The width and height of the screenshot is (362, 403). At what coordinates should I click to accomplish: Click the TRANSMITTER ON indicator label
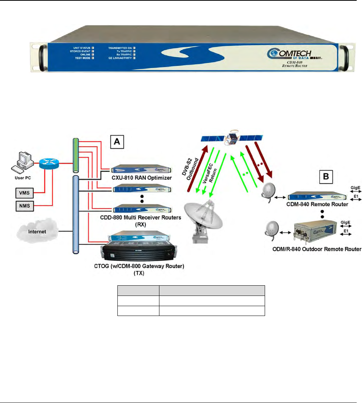(x=119, y=49)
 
